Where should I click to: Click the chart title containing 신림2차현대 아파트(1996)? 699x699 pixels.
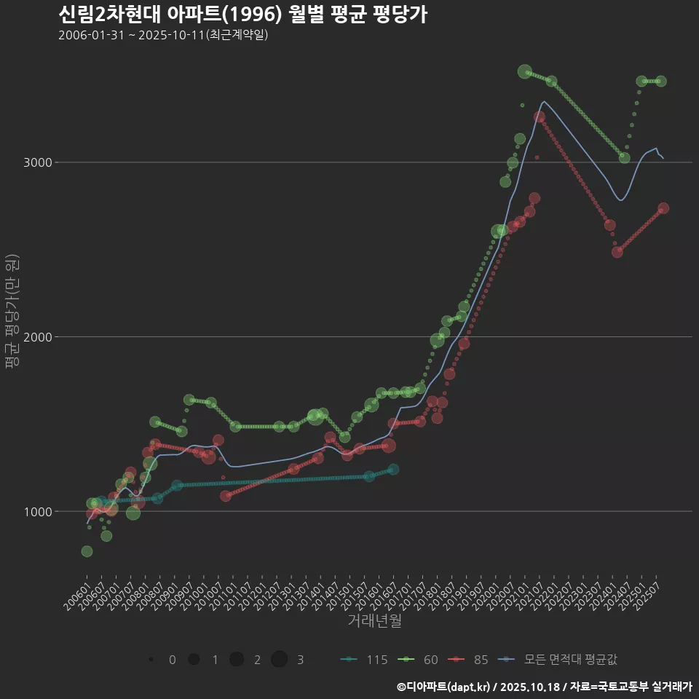(x=242, y=14)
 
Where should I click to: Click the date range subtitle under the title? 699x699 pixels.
(x=163, y=35)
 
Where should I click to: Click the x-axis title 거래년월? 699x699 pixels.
(x=374, y=621)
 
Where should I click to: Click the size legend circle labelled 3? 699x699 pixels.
(x=280, y=660)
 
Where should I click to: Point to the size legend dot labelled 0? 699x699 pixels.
(x=151, y=660)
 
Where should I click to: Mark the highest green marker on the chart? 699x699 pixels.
(x=525, y=71)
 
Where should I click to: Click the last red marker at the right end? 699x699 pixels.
(x=663, y=208)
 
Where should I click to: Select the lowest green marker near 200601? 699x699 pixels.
(x=87, y=551)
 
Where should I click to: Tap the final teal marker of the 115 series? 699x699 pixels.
(x=393, y=470)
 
